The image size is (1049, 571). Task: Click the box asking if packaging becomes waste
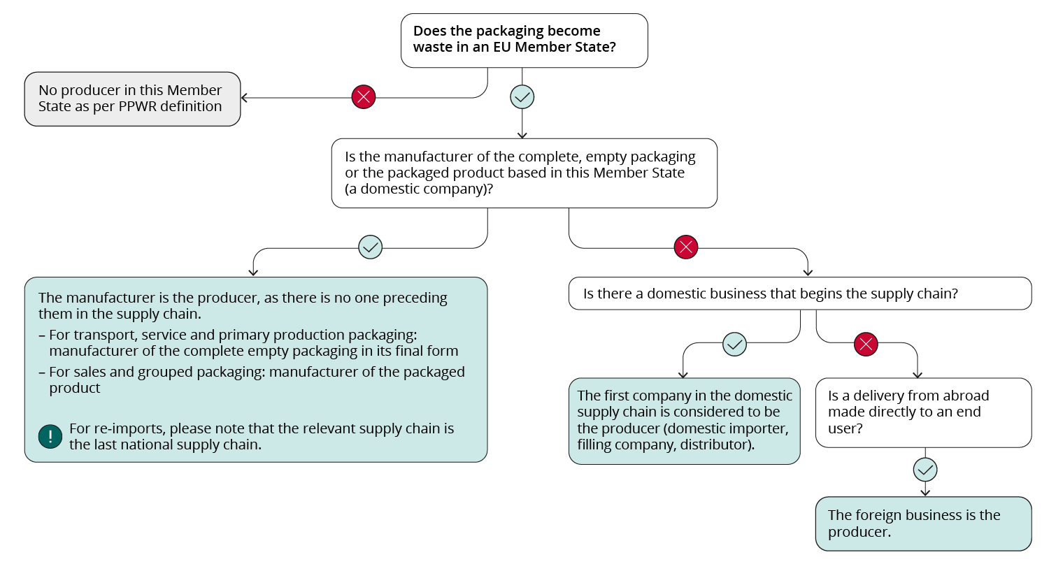point(524,40)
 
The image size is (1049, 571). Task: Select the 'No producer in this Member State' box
point(132,99)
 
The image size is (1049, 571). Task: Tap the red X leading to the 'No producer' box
point(364,97)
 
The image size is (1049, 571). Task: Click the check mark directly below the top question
point(522,97)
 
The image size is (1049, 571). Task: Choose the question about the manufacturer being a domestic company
point(524,173)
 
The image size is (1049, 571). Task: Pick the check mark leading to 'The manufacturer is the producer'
point(370,247)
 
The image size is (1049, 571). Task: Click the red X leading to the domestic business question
point(686,247)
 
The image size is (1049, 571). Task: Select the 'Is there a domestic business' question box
point(799,294)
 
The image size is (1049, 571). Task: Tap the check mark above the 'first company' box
point(734,344)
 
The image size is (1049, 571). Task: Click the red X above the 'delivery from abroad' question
point(866,344)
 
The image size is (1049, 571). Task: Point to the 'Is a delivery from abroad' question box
point(923,412)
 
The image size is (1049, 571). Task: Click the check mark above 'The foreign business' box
point(925,470)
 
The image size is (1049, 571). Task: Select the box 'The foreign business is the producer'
point(923,523)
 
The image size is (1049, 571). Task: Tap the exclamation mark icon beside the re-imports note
point(50,437)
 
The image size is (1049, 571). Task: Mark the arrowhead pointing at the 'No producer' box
point(244,98)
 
